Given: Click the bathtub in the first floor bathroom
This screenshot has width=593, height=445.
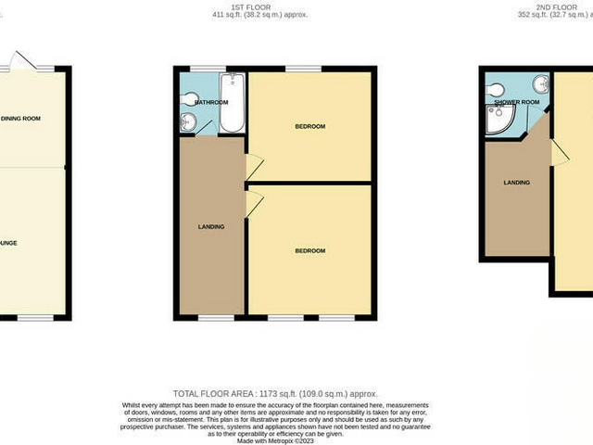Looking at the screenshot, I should coord(232,104).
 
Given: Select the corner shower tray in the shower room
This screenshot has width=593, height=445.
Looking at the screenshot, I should coord(500,119).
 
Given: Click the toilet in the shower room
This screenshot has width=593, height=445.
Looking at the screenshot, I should coord(497,87).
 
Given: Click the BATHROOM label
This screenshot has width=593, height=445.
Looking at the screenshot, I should coord(210,102).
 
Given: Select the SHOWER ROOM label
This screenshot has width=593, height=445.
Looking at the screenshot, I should coord(517,102).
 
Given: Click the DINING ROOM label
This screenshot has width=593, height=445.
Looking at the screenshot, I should coord(20,119).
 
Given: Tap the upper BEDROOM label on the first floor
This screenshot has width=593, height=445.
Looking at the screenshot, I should coord(310,126).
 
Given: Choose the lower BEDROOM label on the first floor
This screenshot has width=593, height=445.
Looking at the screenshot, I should coord(310,250).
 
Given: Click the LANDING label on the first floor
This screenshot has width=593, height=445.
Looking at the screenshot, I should coord(211,226).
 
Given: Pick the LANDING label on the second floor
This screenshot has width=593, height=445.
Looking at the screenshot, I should coord(516,183).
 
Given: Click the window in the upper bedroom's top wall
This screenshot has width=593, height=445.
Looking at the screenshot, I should coord(304,69).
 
